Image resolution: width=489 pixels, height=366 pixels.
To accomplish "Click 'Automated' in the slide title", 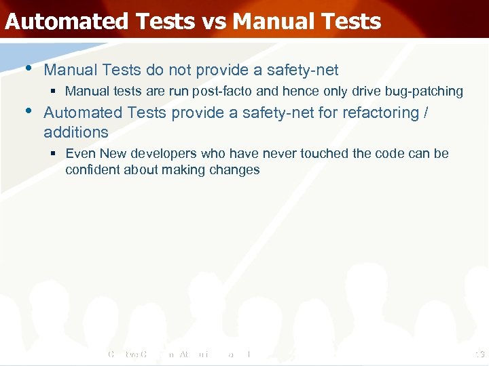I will [65, 22].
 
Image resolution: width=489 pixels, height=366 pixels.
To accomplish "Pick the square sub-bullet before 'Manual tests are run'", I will [54, 91].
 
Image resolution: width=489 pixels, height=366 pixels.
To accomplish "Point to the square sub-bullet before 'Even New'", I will [54, 154].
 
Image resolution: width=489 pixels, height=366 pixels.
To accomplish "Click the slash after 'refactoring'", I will [425, 113].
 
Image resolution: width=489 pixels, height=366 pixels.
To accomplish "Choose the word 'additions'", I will [76, 132].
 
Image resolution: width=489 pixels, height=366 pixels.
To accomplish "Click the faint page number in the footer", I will [479, 353].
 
